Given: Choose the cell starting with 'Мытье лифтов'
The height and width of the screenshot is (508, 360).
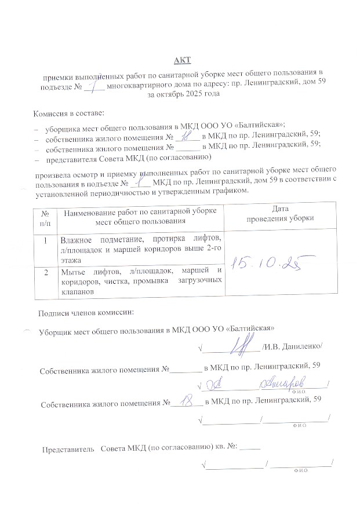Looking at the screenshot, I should [x=141, y=281].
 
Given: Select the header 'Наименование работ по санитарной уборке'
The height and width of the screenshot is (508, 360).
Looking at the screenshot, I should [x=140, y=213].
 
